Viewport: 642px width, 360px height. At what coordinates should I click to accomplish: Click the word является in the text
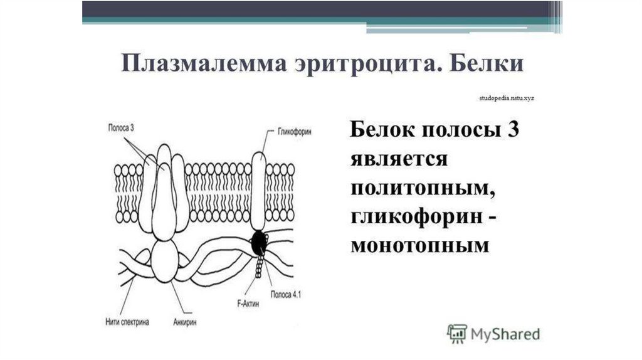point(398,160)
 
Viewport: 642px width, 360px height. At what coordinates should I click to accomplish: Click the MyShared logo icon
point(456,333)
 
